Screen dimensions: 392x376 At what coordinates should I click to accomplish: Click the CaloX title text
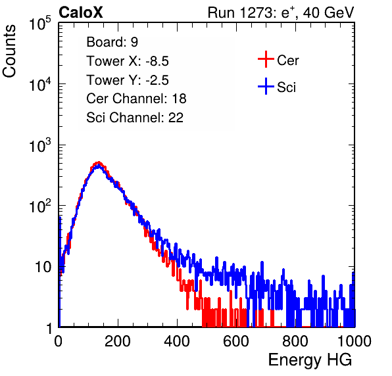pyautogui.click(x=81, y=12)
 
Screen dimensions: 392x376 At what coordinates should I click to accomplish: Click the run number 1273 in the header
pyautogui.click(x=255, y=12)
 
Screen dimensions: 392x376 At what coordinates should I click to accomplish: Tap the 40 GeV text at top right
pyautogui.click(x=328, y=12)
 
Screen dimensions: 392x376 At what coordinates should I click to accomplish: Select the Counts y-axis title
pyautogui.click(x=9, y=51)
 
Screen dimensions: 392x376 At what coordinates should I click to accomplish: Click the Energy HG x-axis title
pyautogui.click(x=310, y=360)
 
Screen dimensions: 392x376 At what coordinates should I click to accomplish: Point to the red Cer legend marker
pyautogui.click(x=266, y=59)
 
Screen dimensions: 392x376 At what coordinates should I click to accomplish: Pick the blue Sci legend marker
pyautogui.click(x=266, y=86)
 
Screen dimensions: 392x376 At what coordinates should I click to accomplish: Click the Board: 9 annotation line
pyautogui.click(x=112, y=42)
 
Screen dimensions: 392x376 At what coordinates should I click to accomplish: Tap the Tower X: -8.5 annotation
pyautogui.click(x=128, y=61)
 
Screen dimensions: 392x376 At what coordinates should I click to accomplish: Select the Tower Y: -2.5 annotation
pyautogui.click(x=128, y=80)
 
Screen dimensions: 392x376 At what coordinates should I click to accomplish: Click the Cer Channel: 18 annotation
pyautogui.click(x=136, y=99)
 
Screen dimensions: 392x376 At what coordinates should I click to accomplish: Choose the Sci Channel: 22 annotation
pyautogui.click(x=135, y=118)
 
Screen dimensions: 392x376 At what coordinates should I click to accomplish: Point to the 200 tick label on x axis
pyautogui.click(x=118, y=341)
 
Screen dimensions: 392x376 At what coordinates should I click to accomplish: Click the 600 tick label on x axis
pyautogui.click(x=236, y=341)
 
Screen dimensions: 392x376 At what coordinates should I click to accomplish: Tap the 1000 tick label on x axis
pyautogui.click(x=355, y=341)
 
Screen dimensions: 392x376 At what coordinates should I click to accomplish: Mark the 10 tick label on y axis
pyautogui.click(x=43, y=267)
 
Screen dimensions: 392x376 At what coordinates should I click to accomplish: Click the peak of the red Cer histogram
pyautogui.click(x=99, y=162)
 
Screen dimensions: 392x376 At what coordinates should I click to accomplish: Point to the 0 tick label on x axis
pyautogui.click(x=59, y=341)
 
